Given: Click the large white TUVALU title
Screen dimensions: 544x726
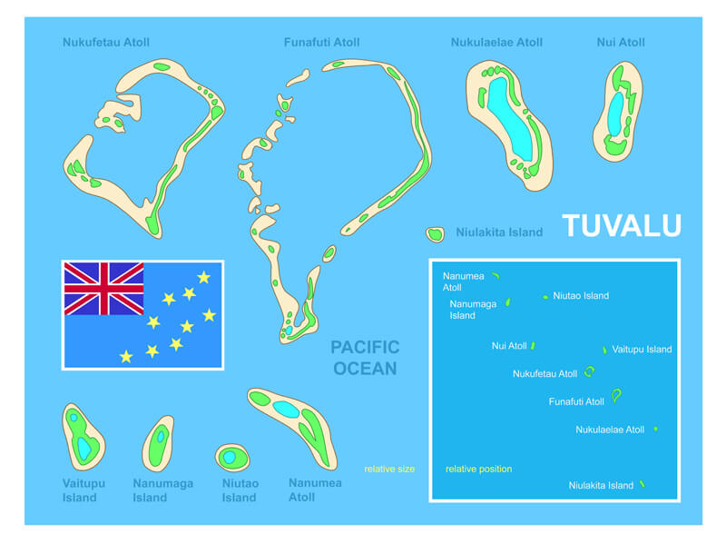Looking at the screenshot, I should [621, 225].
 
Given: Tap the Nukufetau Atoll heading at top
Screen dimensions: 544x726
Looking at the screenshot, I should [106, 42].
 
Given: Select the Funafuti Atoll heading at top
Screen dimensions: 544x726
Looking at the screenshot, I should [321, 42].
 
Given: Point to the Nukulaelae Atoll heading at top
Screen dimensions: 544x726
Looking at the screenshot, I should [496, 42].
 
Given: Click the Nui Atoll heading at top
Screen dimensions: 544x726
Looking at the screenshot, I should [621, 42].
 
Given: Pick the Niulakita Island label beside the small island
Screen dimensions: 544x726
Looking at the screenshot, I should [499, 232].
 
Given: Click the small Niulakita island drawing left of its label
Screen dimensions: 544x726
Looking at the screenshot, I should [436, 234].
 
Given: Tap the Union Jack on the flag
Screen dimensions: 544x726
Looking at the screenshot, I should [103, 289].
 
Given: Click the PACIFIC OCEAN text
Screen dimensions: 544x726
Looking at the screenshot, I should [365, 357].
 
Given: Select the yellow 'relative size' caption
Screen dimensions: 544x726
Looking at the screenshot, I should [389, 469].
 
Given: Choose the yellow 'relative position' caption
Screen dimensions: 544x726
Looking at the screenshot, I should [478, 469].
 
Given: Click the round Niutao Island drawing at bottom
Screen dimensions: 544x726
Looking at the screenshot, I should [231, 456].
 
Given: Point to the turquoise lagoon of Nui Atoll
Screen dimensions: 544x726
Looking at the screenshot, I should [616, 112].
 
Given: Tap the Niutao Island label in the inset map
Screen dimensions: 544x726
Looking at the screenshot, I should [581, 295].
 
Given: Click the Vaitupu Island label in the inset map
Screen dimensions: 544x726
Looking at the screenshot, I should [642, 349].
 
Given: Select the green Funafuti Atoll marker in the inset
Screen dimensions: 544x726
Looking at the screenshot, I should [617, 395].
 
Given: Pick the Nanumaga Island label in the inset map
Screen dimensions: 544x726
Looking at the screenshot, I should [473, 310].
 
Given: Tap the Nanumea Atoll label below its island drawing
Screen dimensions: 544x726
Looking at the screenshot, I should [315, 490].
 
